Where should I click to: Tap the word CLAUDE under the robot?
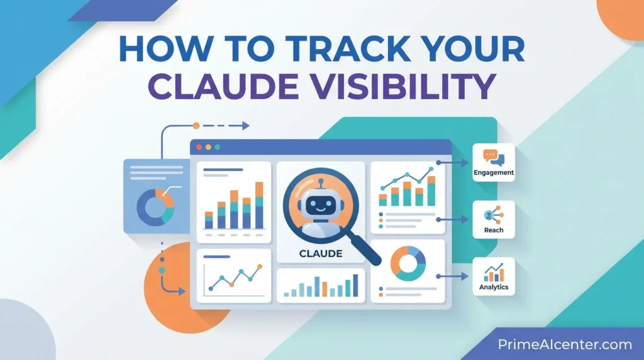[321, 254]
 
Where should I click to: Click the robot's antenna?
[320, 181]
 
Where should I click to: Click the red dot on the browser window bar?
[199, 147]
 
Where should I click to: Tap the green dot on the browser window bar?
[217, 147]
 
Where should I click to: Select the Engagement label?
[494, 172]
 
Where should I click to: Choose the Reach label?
[494, 230]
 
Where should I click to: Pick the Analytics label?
[494, 287]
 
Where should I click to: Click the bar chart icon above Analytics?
[494, 272]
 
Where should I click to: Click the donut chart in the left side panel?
[155, 206]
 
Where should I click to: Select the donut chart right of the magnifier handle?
[408, 263]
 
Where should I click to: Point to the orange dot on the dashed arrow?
[196, 126]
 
